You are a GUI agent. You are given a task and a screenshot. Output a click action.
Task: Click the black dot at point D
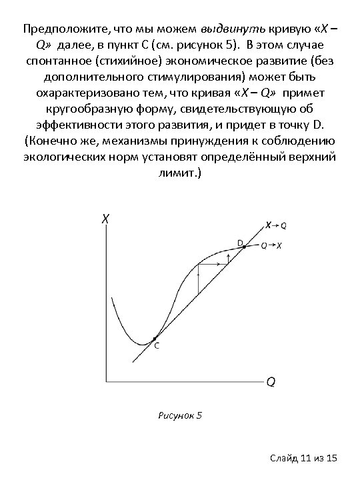tap(244, 247)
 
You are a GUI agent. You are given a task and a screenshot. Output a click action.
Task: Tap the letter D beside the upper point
tap(239, 241)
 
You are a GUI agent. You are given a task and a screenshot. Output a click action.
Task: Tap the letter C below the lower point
tap(157, 347)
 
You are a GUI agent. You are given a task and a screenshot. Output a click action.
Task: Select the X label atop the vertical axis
tap(105, 218)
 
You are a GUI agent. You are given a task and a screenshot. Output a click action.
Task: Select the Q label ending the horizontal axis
tap(271, 382)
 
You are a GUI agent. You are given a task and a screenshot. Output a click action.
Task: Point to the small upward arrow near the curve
tap(229, 257)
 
